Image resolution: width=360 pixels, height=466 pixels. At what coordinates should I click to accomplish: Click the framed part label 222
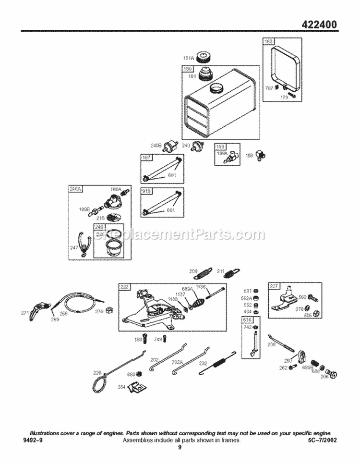click(x=124, y=287)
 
